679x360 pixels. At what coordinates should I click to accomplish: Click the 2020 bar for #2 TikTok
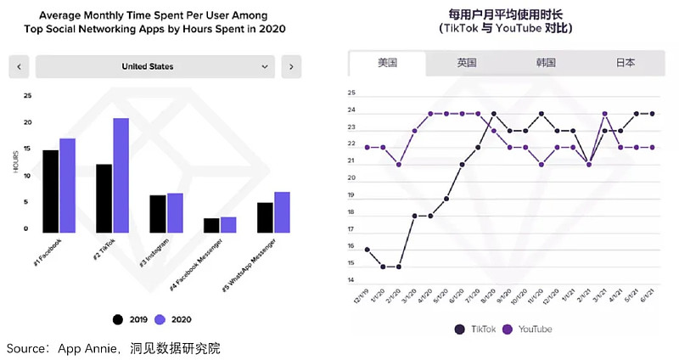click(121, 175)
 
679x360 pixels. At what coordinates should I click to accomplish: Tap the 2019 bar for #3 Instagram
click(157, 213)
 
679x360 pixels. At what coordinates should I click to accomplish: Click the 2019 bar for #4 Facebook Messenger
click(211, 225)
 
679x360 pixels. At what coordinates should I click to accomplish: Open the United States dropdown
click(155, 66)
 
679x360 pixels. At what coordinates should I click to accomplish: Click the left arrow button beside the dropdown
click(20, 66)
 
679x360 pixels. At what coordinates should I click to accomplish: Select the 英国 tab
click(467, 63)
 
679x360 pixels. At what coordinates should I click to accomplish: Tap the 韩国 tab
click(546, 63)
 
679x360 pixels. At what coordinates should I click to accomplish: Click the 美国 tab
click(388, 63)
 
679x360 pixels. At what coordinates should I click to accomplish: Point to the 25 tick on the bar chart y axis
click(27, 96)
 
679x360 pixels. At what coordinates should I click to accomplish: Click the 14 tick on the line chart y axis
click(351, 280)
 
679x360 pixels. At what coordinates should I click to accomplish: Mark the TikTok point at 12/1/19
click(367, 250)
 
